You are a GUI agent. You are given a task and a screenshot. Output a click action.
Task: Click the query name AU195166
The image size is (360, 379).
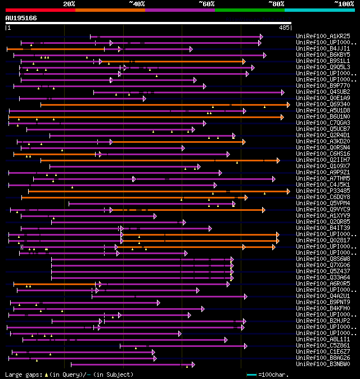tap(21, 18)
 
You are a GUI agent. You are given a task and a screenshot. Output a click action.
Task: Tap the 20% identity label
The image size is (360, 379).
tap(69, 4)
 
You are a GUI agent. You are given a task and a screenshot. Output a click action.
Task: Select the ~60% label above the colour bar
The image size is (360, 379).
tap(206, 4)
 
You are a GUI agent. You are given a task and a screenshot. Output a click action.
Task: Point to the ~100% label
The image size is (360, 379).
tap(344, 4)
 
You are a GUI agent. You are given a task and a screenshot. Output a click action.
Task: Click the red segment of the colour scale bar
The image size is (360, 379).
tap(40, 10)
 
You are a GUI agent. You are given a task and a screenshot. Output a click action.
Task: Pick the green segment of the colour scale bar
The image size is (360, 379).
tap(249, 10)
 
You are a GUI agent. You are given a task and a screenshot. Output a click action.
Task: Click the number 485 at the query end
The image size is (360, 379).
tap(284, 27)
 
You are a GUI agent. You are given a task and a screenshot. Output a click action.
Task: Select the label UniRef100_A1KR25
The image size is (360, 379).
tap(323, 36)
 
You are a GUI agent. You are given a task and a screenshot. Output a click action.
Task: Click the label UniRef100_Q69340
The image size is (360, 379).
tap(323, 104)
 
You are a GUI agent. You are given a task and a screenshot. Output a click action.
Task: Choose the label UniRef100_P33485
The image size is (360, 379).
tap(323, 191)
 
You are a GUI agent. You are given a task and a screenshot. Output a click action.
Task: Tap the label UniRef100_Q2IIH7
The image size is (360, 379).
tap(323, 160)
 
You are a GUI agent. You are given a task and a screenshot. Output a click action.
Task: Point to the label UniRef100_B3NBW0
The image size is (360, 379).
tap(323, 364)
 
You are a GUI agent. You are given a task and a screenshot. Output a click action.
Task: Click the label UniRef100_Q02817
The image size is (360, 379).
tap(323, 240)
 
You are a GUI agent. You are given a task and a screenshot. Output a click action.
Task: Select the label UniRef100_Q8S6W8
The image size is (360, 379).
tap(323, 259)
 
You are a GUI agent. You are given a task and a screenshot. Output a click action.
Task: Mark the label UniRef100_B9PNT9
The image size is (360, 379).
tap(323, 302)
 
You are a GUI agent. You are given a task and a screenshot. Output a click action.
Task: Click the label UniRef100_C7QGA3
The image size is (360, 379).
tap(323, 123)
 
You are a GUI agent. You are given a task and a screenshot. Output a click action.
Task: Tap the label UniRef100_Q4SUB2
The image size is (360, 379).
tap(323, 92)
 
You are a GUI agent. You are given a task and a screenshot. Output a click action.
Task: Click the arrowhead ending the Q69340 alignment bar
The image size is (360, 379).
tap(288, 104)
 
